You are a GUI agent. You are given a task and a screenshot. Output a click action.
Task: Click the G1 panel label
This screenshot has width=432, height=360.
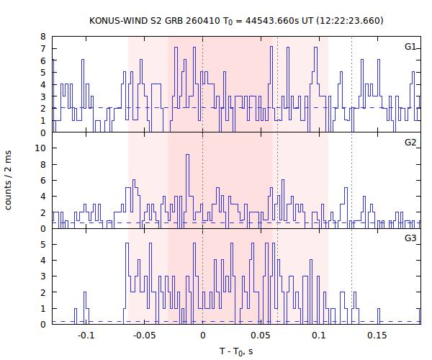pos(410,47)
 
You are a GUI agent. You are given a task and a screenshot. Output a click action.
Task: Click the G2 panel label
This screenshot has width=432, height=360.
pos(410,143)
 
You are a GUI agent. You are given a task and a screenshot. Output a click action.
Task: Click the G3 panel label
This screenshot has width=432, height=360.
pos(410,238)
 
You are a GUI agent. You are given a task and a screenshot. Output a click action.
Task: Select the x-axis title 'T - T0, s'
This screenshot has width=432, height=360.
pos(236,351)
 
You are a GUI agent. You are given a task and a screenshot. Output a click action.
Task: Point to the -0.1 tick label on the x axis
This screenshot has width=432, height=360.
pos(86,336)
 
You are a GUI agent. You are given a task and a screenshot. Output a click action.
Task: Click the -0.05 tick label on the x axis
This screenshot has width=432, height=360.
pos(144,336)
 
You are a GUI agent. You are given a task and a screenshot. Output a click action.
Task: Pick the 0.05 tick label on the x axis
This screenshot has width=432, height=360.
pos(261,336)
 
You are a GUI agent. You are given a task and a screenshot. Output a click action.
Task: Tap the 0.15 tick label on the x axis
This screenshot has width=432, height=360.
pos(377,336)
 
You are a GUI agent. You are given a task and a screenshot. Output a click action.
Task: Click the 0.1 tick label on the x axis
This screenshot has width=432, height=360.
pos(319,336)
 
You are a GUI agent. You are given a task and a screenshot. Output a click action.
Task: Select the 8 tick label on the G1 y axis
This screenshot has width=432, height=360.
pos(44,37)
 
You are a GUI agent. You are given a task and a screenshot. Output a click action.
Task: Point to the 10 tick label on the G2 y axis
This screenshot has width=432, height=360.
pos(42,148)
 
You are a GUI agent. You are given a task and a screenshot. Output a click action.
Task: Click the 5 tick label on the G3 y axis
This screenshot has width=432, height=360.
pos(44,244)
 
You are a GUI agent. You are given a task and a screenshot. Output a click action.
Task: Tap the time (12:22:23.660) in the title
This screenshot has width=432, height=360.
pos(348,20)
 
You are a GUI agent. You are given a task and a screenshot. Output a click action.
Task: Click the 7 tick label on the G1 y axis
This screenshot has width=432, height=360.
pos(44,49)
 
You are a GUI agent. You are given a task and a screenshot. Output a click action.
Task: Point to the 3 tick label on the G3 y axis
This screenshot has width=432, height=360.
pos(44,276)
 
